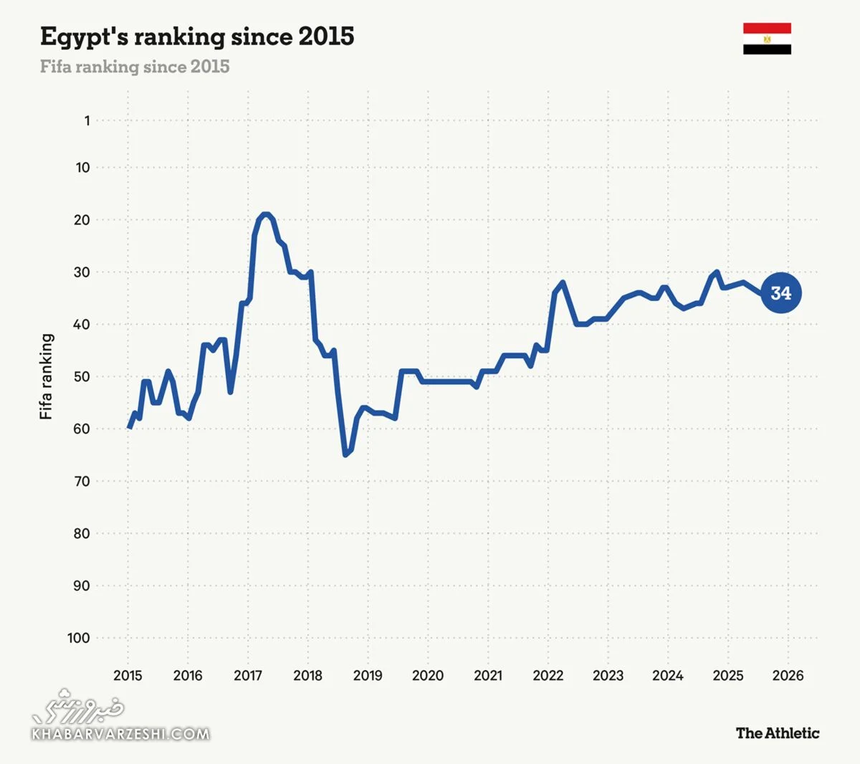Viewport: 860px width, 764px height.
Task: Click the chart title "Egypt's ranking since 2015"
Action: tap(197, 37)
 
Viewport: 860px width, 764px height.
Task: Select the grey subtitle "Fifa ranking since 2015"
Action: tap(135, 67)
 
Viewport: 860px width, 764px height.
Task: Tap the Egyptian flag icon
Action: tap(767, 39)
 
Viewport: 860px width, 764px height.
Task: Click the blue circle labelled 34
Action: tap(780, 292)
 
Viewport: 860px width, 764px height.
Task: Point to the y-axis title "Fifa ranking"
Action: tap(47, 376)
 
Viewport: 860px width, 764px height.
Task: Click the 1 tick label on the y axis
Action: tap(87, 120)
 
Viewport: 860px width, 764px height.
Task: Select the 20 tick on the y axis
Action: tap(82, 220)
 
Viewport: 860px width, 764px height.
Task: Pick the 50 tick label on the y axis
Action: tap(82, 376)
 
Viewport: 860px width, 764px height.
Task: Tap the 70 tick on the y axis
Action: tap(82, 481)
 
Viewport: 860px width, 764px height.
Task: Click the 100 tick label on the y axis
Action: tap(79, 638)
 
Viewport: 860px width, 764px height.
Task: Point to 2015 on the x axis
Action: tap(128, 675)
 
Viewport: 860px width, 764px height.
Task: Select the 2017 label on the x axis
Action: tap(248, 675)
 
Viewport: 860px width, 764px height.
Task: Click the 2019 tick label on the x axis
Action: tap(368, 675)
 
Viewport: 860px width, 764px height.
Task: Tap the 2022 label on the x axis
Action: tap(548, 675)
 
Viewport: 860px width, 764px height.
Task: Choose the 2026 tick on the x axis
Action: tap(788, 675)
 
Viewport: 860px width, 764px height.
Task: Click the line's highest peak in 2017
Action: tap(266, 214)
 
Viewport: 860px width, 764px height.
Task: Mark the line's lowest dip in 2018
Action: tap(345, 454)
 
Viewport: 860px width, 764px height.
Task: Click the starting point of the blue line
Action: tap(129, 428)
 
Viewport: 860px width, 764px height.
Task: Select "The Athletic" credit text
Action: tap(777, 732)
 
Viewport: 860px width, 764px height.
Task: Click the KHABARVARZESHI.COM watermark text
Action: tap(120, 734)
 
